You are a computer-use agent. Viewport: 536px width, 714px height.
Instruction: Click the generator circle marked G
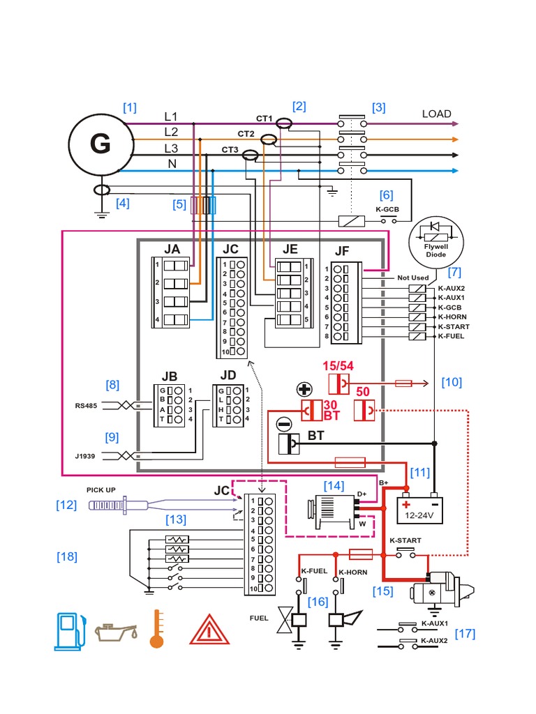point(100,144)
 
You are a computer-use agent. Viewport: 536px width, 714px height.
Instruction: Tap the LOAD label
point(436,114)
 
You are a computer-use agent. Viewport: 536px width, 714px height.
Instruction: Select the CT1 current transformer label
point(263,119)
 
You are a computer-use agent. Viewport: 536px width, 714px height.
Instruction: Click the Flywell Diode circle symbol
point(435,239)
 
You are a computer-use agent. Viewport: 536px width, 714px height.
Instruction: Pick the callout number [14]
point(334,485)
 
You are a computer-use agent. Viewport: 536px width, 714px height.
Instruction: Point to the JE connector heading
point(290,249)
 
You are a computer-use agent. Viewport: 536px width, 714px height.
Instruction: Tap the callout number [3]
point(378,107)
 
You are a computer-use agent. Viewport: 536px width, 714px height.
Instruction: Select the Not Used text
point(412,278)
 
